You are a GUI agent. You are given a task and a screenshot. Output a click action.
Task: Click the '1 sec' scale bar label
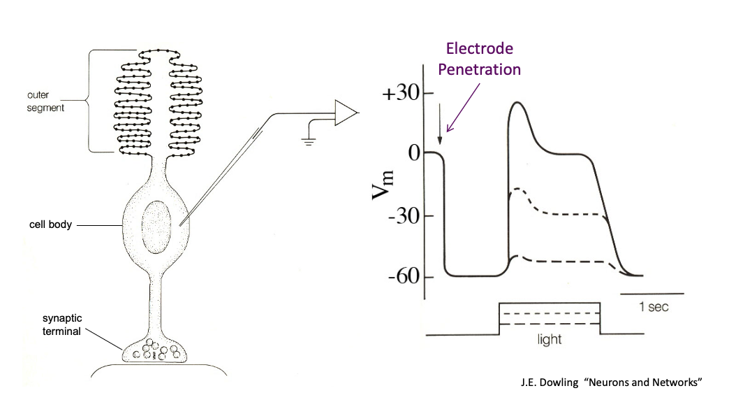click(653, 307)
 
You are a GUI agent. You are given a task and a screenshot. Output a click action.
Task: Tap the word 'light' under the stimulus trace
click(549, 341)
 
